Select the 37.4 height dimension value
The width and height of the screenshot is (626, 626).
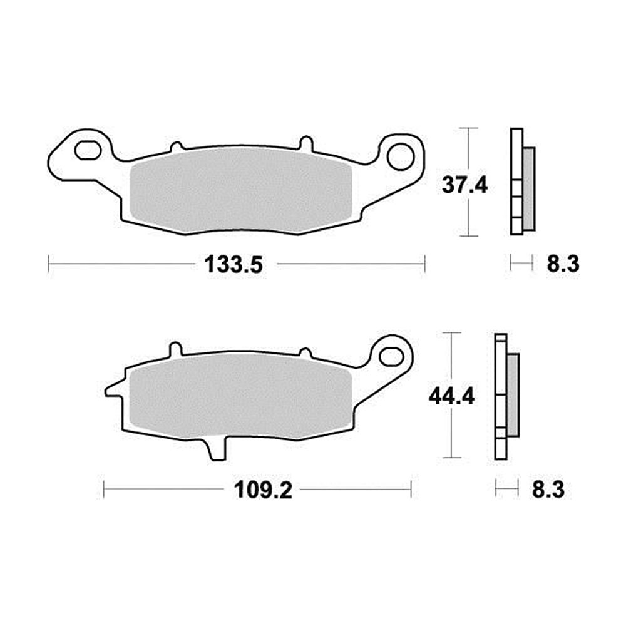[x=464, y=185]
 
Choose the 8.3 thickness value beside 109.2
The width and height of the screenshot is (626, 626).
[x=548, y=490]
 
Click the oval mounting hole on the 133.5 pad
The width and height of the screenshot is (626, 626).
[x=87, y=150]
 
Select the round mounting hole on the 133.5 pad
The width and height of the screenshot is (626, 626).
[x=399, y=156]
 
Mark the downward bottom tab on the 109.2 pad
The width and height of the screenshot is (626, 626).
[x=215, y=450]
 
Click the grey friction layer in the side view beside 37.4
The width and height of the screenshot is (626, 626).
[x=529, y=188]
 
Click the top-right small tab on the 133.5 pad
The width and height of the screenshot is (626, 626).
[x=306, y=143]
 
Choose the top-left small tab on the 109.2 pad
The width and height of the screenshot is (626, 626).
[x=175, y=348]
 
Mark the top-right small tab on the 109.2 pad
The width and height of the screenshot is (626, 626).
[x=305, y=352]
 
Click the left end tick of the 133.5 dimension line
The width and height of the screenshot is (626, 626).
[x=49, y=264]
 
